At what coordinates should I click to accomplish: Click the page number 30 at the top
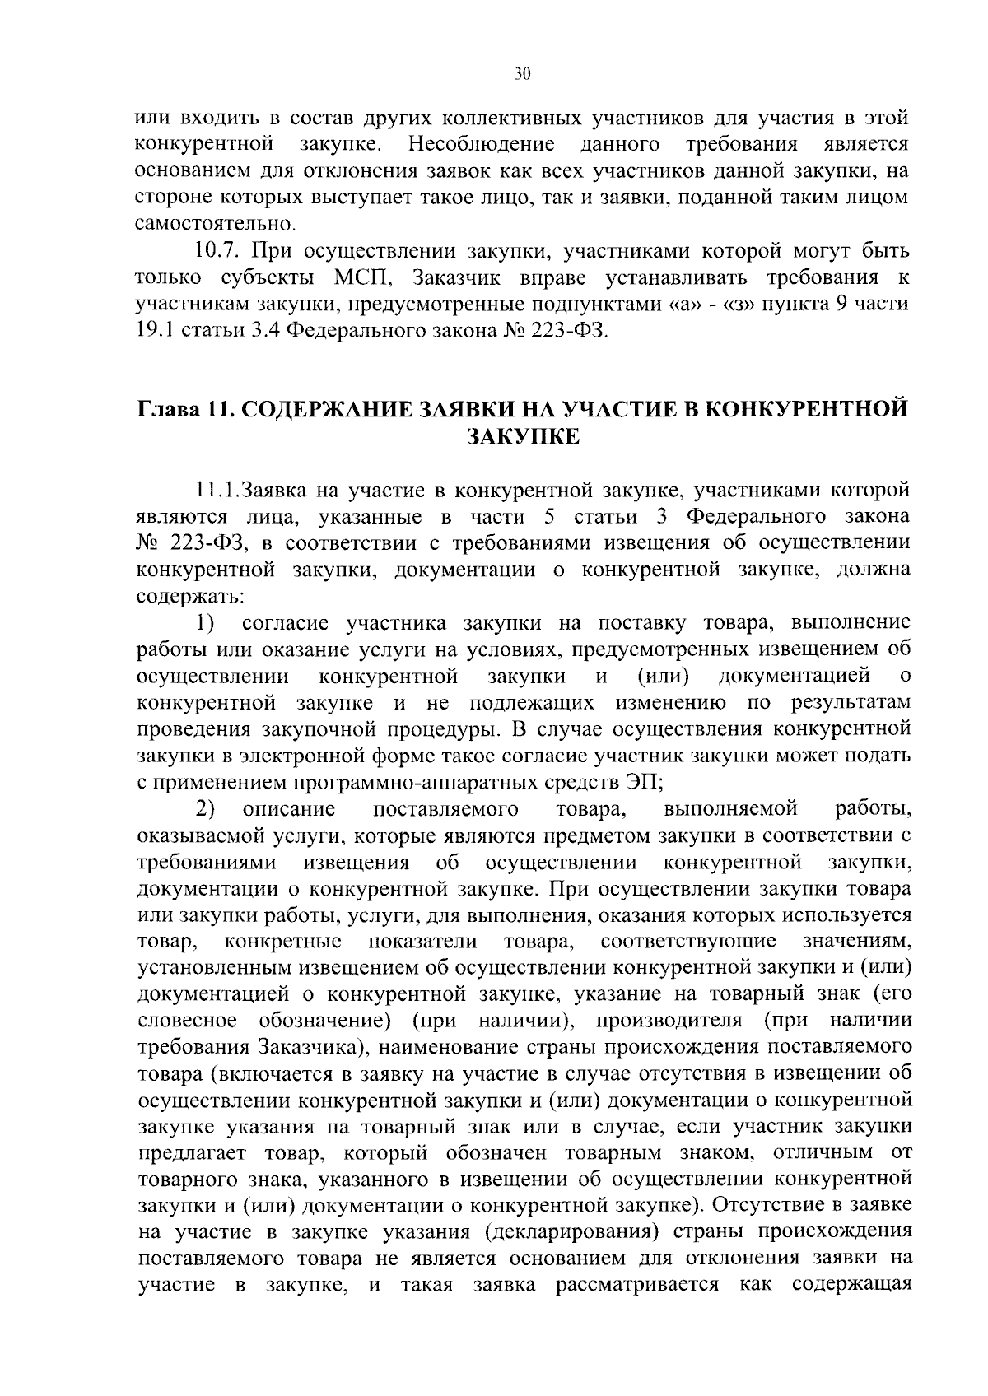click(x=523, y=74)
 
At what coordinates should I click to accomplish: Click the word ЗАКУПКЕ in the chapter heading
click(x=523, y=436)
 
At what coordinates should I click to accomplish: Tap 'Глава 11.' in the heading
click(x=184, y=409)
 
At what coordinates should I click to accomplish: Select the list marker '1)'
click(x=205, y=622)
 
